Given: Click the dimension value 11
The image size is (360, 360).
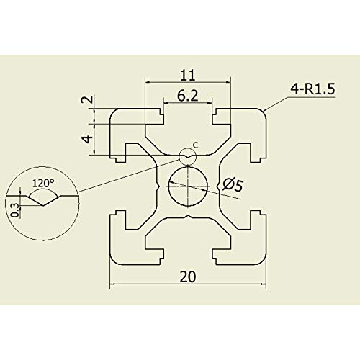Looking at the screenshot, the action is click(188, 75).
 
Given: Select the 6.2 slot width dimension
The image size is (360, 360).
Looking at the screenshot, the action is click(188, 96).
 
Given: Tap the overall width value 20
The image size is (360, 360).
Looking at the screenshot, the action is click(188, 276).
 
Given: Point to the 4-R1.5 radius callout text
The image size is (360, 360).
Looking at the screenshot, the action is click(312, 89).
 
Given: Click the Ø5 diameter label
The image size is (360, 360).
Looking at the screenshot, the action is click(233, 185).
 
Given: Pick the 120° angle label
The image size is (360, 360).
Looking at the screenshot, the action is click(43, 183).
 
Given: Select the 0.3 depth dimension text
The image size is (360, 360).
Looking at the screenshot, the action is click(15, 210).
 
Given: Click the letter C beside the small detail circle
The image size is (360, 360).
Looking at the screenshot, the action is click(196, 145).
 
